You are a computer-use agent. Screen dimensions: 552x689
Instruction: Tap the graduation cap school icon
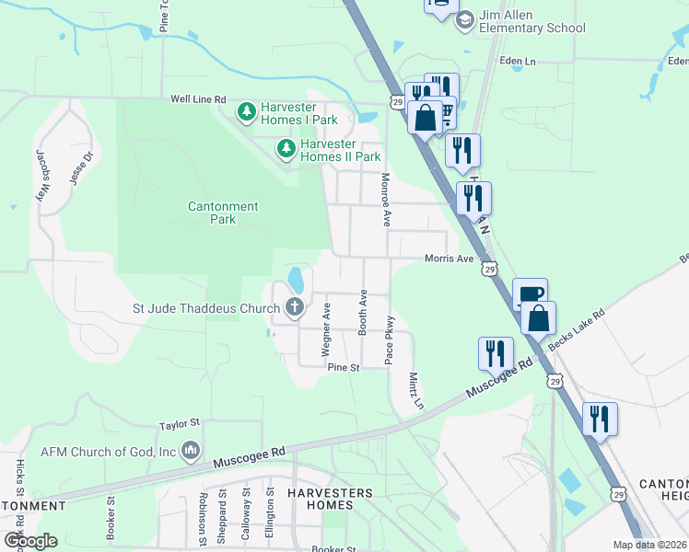(465, 19)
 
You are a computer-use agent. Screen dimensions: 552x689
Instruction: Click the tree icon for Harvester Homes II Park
(286, 148)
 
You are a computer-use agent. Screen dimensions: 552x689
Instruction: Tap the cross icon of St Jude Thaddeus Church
(295, 307)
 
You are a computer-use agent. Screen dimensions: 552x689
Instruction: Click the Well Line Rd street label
(198, 98)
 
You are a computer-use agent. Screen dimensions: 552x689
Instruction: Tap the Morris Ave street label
(449, 259)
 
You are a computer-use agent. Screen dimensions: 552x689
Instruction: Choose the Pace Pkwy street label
(390, 339)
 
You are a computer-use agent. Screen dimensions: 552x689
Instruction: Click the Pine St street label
(343, 367)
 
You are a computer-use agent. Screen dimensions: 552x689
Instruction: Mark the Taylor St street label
(179, 424)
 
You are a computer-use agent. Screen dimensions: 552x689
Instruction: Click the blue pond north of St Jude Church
(295, 278)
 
